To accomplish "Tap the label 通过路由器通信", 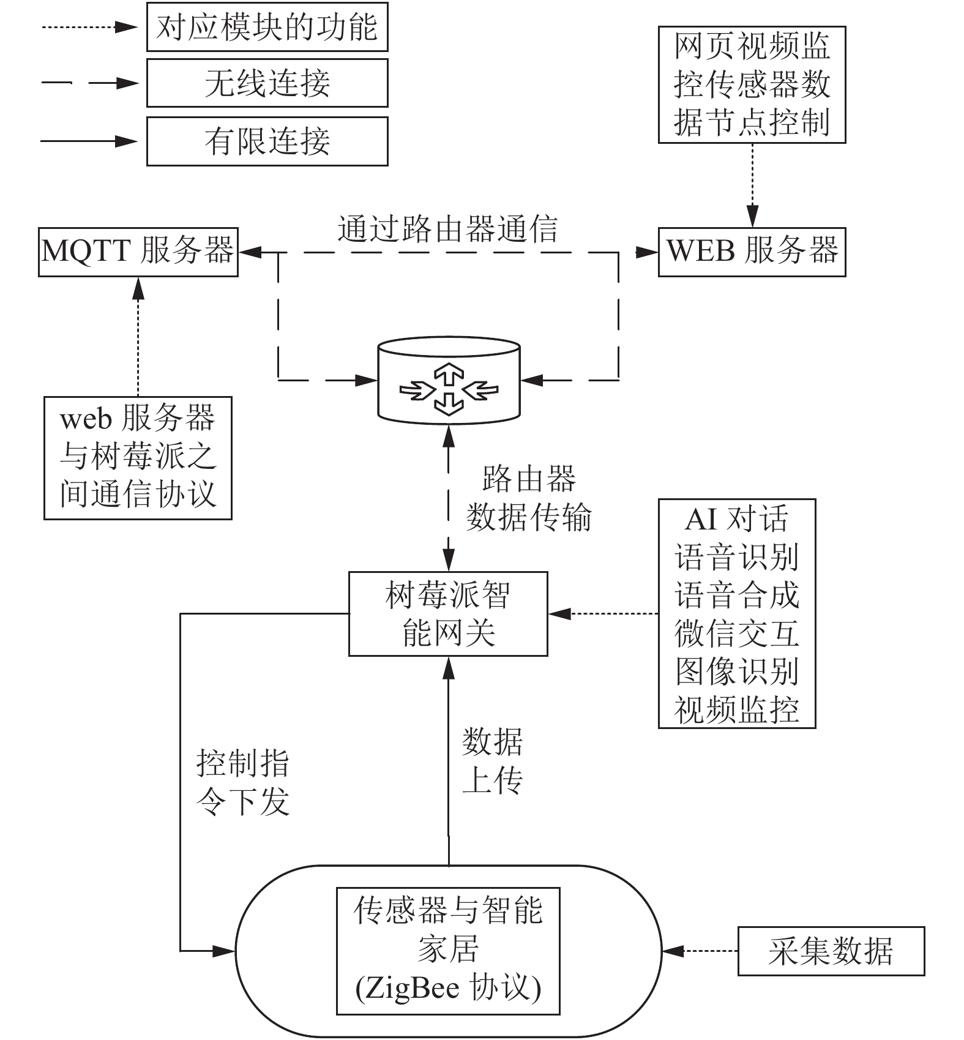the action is tap(448, 229).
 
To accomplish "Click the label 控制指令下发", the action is tap(242, 782).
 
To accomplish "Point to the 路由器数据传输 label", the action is tap(529, 498).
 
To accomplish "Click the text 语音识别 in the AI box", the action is tap(737, 557).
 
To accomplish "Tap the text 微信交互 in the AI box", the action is tap(737, 634).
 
